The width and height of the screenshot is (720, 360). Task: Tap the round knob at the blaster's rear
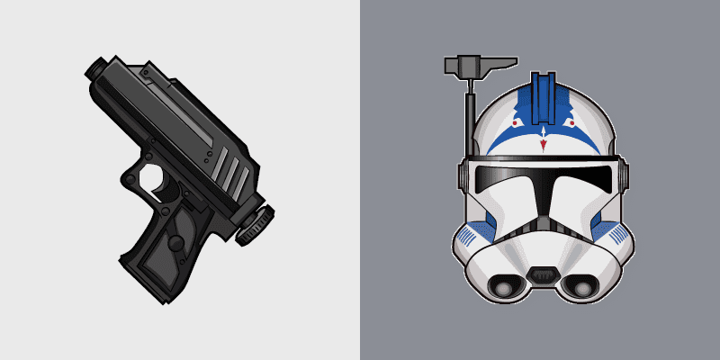253,225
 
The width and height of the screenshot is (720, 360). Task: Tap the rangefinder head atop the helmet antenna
469,65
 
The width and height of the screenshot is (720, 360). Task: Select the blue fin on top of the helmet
543,97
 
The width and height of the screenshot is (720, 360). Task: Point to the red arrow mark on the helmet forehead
543,140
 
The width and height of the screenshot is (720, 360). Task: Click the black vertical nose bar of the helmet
543,211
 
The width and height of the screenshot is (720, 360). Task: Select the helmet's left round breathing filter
502,286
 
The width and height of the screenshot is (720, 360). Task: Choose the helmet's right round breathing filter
583,286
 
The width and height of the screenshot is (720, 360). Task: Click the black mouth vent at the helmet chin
543,274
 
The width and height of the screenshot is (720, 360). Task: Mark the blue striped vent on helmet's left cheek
467,237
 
